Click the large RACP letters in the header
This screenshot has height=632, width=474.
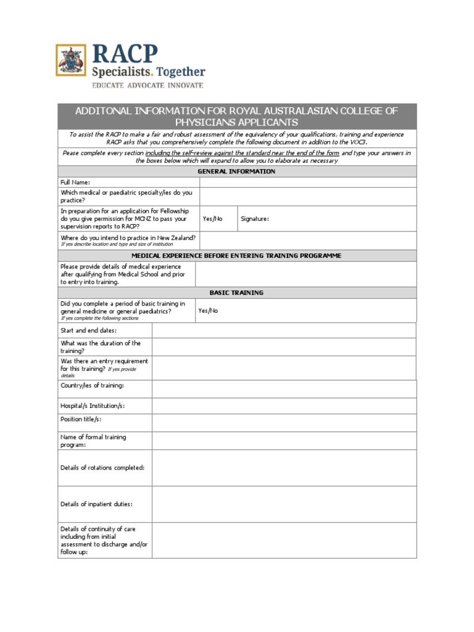(125, 54)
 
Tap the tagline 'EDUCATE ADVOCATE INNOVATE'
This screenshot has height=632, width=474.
(147, 85)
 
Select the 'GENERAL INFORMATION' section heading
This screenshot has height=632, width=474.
(236, 172)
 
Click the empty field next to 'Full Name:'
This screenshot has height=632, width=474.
(308, 182)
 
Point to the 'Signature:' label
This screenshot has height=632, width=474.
(255, 219)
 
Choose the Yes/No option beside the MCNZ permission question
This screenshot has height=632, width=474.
(212, 219)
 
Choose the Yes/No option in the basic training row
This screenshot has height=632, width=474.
(208, 311)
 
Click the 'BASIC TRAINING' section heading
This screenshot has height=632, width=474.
(236, 293)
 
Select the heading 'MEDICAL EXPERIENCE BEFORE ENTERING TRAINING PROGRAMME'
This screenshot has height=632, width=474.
(236, 256)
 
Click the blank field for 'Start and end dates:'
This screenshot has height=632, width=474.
(284, 330)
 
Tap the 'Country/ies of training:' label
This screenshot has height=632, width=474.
(92, 386)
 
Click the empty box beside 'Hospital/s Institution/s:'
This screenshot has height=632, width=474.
(284, 405)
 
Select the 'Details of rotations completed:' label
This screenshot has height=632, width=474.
(102, 468)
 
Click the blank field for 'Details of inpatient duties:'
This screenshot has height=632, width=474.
(284, 504)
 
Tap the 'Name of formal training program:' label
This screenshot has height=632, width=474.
(93, 441)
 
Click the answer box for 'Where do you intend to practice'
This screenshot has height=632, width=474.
(308, 240)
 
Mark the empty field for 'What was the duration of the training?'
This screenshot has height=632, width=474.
(284, 347)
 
